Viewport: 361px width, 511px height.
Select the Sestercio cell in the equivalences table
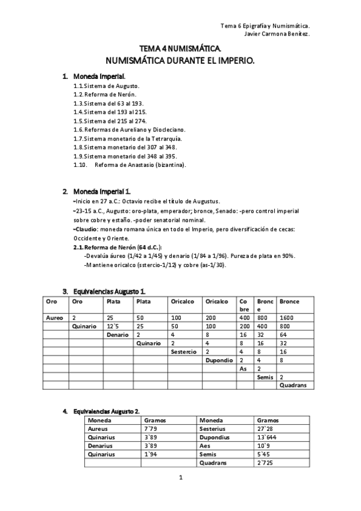(183, 351)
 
